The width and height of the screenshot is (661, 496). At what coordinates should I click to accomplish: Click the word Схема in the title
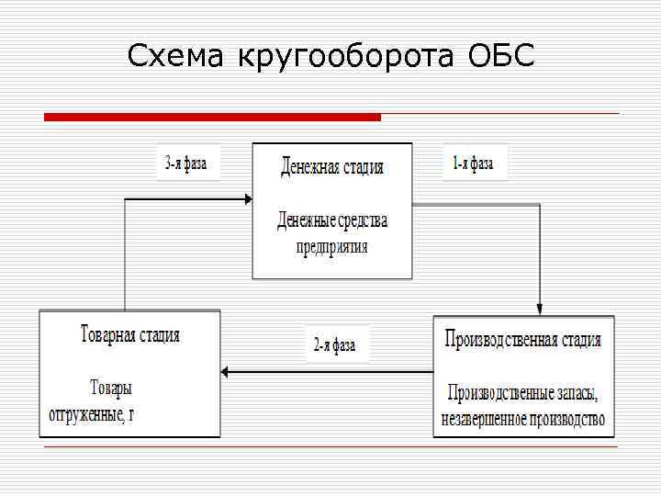(x=177, y=57)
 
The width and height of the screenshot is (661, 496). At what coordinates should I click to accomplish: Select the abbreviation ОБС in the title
(x=500, y=57)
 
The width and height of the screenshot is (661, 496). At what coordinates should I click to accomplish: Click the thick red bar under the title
(x=212, y=117)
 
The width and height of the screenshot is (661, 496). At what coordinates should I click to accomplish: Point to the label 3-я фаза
(x=185, y=164)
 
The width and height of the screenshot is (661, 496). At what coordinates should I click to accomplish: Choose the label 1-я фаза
(x=473, y=164)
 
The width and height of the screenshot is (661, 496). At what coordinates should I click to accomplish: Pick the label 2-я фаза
(x=334, y=345)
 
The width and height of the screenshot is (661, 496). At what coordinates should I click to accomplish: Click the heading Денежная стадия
(x=331, y=167)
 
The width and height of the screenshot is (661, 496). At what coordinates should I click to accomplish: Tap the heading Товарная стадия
(x=129, y=334)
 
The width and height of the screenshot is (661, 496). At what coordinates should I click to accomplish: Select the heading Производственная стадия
(x=523, y=339)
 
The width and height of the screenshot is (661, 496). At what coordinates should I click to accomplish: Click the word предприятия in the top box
(x=331, y=246)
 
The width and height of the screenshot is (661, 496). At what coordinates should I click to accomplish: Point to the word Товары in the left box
(x=111, y=388)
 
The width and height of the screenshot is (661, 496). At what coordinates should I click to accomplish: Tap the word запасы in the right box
(x=577, y=393)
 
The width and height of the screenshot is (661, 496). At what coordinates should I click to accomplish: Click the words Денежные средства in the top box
(x=332, y=220)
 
